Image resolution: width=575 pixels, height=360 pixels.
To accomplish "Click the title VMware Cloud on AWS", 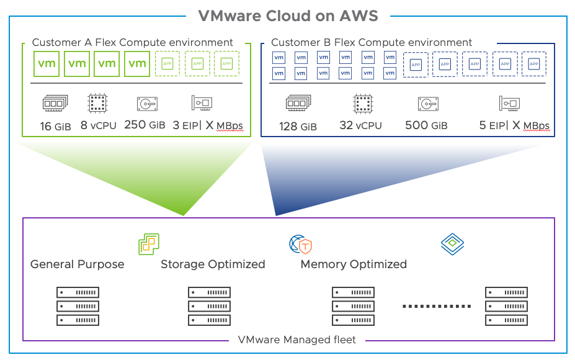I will coord(287,16).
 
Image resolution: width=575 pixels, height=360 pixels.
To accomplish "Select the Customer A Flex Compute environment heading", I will coord(132,43).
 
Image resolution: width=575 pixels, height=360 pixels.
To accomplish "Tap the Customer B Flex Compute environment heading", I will coord(372,43).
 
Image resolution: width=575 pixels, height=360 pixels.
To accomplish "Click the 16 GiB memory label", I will coord(56,127).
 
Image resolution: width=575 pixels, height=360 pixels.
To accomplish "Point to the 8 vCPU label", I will coord(97,125).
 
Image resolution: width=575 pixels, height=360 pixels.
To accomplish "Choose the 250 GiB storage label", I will coord(145,125).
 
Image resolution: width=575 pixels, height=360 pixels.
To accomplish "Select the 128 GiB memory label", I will coord(298,126).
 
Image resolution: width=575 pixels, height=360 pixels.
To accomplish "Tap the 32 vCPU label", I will coord(360,125).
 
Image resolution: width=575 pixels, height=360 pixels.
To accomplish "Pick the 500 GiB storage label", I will coord(426,125).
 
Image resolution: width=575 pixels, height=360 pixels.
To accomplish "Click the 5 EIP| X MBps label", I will coord(514,126).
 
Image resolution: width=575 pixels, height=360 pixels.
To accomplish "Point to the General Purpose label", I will coord(77,264).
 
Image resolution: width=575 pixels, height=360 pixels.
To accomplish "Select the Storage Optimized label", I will coord(213,264).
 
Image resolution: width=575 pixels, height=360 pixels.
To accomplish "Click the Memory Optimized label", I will coord(354,264).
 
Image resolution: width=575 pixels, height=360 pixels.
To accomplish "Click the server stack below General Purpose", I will coord(78,306).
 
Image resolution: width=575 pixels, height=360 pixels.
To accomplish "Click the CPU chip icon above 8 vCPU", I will coord(97,103).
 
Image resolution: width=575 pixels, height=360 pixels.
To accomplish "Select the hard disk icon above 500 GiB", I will coord(427,103).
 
